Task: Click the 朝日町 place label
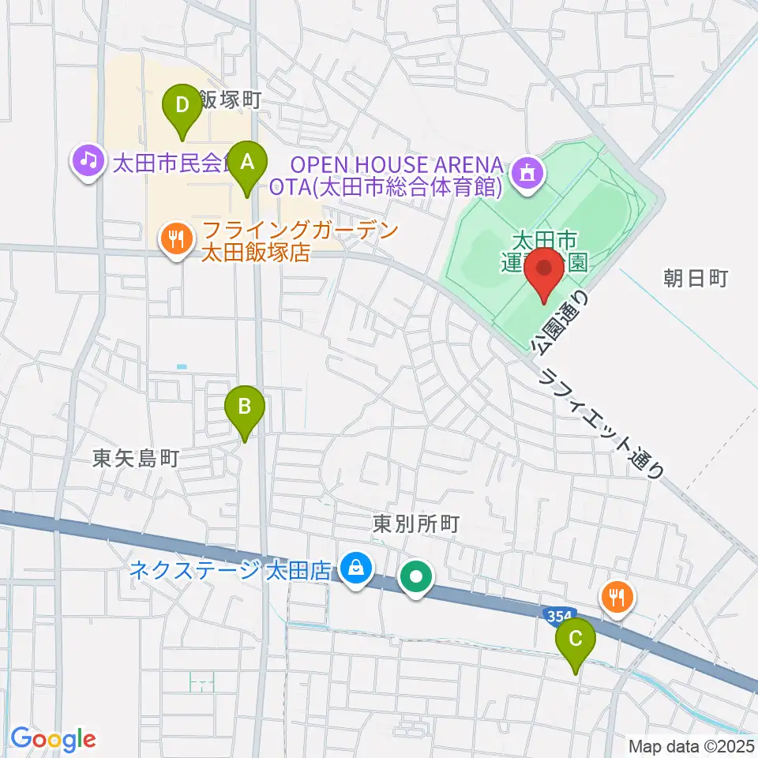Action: point(694,278)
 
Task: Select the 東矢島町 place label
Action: point(137,457)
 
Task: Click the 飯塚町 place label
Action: point(229,99)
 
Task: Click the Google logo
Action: point(53,740)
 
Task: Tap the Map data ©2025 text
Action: point(691,745)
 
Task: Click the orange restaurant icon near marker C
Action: point(617,595)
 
